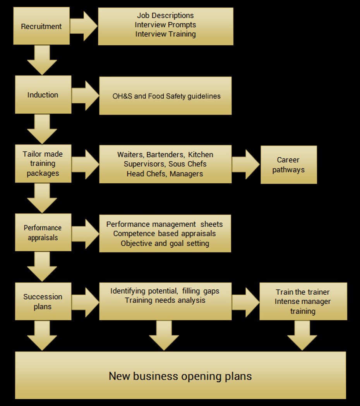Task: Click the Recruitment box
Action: pos(41,26)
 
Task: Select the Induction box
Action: pos(43,95)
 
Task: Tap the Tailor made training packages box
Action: pos(43,164)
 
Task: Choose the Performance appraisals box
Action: pos(43,233)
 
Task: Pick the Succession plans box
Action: pos(43,302)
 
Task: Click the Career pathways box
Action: pos(288,165)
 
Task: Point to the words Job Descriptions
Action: pos(165,15)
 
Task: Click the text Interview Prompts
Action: pos(165,25)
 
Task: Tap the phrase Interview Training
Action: pos(165,34)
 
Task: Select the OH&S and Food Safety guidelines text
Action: pos(166,96)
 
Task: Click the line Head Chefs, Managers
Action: pos(165,174)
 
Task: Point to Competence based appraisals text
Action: pos(165,234)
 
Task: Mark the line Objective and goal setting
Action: pos(165,243)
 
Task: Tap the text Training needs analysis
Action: pos(165,300)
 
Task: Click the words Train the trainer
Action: pos(303,292)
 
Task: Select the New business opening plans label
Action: pos(180,376)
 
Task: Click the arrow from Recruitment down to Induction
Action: pos(42,60)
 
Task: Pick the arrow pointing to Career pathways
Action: pos(246,164)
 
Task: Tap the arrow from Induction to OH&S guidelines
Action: pos(85,96)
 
